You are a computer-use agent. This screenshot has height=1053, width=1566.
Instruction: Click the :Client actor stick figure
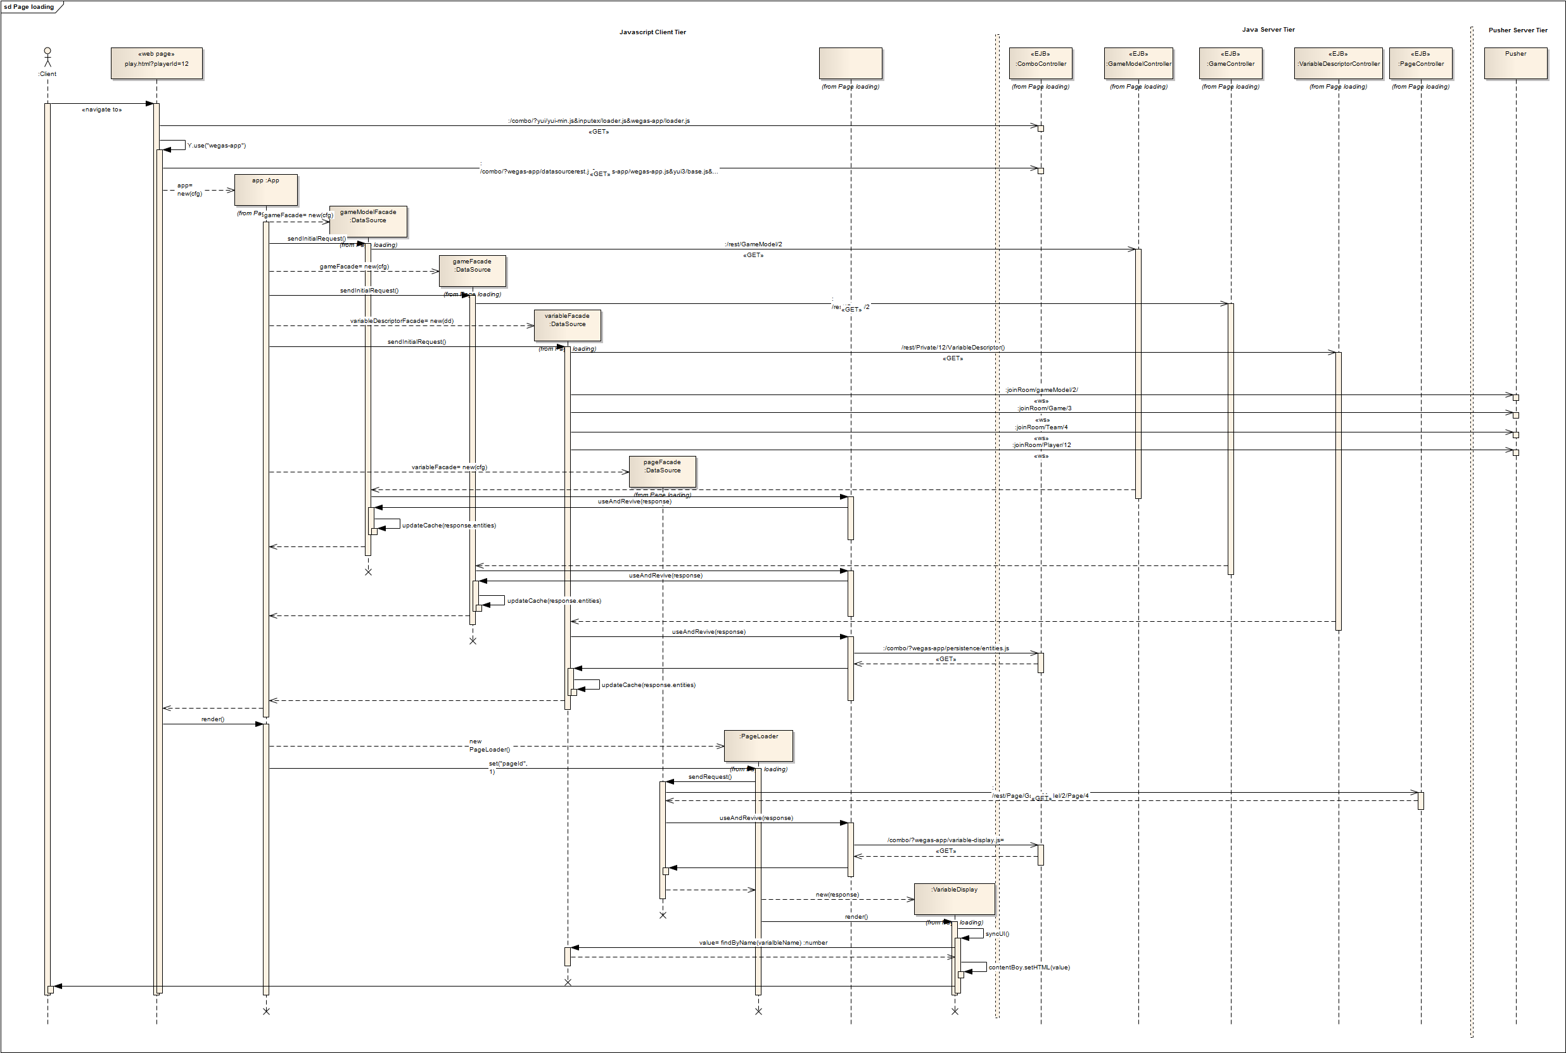tap(47, 57)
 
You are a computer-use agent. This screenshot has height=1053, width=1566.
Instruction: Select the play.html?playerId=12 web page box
tap(156, 63)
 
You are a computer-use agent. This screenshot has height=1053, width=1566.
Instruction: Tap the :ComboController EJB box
tap(1041, 63)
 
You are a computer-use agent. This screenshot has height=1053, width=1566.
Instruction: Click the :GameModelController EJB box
tap(1139, 63)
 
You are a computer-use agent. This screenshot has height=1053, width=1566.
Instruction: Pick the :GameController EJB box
tap(1231, 63)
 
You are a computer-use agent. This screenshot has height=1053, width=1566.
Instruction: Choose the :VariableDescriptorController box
tap(1338, 63)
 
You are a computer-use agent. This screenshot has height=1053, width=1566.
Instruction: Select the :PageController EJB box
tap(1421, 63)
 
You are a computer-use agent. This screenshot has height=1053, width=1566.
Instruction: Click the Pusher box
tap(1515, 63)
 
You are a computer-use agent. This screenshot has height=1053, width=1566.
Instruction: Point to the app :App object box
tap(266, 190)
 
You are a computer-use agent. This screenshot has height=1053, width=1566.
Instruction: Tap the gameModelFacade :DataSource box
tap(368, 221)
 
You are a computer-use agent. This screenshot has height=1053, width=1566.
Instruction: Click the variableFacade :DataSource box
tap(568, 325)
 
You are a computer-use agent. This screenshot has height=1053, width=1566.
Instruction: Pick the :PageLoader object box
tap(758, 745)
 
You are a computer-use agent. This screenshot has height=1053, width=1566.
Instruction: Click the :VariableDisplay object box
tap(954, 899)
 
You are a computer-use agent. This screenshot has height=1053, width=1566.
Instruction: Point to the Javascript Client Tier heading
tap(652, 32)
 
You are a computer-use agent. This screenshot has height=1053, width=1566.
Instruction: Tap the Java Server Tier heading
tap(1268, 30)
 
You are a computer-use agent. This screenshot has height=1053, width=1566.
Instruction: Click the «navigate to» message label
tap(101, 110)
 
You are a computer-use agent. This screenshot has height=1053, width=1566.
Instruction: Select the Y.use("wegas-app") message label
tap(216, 146)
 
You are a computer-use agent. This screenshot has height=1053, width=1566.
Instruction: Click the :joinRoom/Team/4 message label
tap(1041, 427)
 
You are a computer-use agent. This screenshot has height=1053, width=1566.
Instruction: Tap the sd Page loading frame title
tap(29, 7)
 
